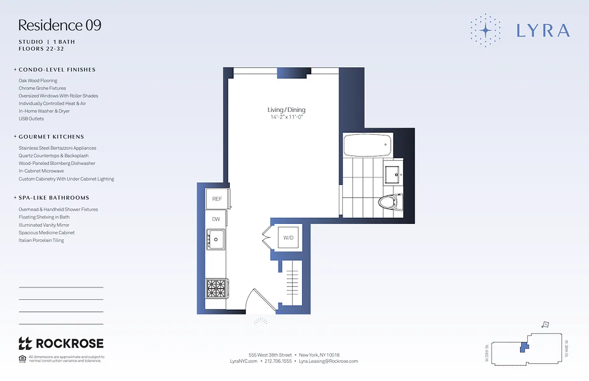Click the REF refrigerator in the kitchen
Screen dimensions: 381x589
[x=217, y=199]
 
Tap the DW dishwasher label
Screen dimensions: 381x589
[x=216, y=219]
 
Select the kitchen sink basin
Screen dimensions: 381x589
[x=216, y=239]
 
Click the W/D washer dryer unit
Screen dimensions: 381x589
[x=288, y=237]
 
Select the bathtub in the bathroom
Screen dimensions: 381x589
[x=367, y=145]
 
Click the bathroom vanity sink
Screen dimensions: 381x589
[x=394, y=174]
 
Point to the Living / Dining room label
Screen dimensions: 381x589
[x=286, y=110]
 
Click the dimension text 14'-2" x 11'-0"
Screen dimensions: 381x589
[x=286, y=117]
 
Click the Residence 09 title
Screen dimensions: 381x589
[x=60, y=25]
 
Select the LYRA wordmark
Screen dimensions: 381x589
[x=543, y=30]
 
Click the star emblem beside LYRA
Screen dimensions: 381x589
[x=485, y=30]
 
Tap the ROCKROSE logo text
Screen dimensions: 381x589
[x=70, y=343]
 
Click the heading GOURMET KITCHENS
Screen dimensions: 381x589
[x=51, y=137]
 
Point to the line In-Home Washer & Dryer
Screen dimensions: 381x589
[x=44, y=111]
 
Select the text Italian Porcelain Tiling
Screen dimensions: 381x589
[x=41, y=241]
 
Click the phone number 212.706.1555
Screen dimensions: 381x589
[x=278, y=361]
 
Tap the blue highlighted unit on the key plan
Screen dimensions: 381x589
[x=524, y=347]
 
